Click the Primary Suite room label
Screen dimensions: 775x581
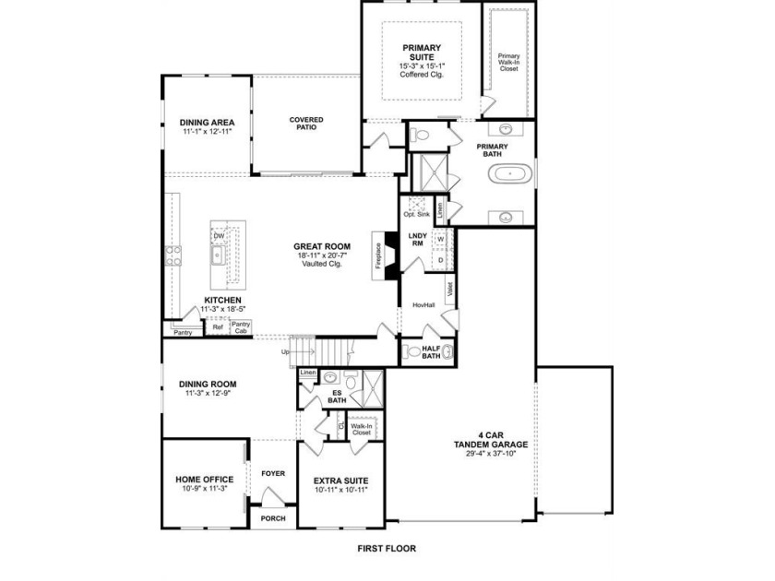coord(422,53)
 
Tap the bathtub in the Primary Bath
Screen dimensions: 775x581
coord(510,174)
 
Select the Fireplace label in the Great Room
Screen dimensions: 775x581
coord(378,255)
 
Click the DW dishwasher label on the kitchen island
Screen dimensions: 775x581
coord(219,236)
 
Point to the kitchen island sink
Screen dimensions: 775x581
coord(218,255)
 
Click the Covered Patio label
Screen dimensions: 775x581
coord(306,123)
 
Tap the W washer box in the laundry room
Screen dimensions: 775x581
coord(440,239)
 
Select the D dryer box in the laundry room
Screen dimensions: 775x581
coord(440,260)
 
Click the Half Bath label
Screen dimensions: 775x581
coord(431,351)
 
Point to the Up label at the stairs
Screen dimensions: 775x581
coord(285,351)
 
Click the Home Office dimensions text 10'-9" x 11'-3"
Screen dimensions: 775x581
coord(205,488)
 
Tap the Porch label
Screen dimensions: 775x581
coord(273,518)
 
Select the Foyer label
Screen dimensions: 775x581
coord(273,473)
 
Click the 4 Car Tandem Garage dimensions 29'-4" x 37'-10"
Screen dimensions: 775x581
coord(491,453)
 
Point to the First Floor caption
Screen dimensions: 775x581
coord(387,549)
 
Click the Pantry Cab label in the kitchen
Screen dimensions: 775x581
coord(241,327)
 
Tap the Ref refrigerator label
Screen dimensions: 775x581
coord(218,327)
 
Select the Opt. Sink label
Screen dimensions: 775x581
coord(417,214)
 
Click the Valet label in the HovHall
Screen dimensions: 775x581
coord(450,289)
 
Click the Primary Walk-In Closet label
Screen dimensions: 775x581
coord(508,63)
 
